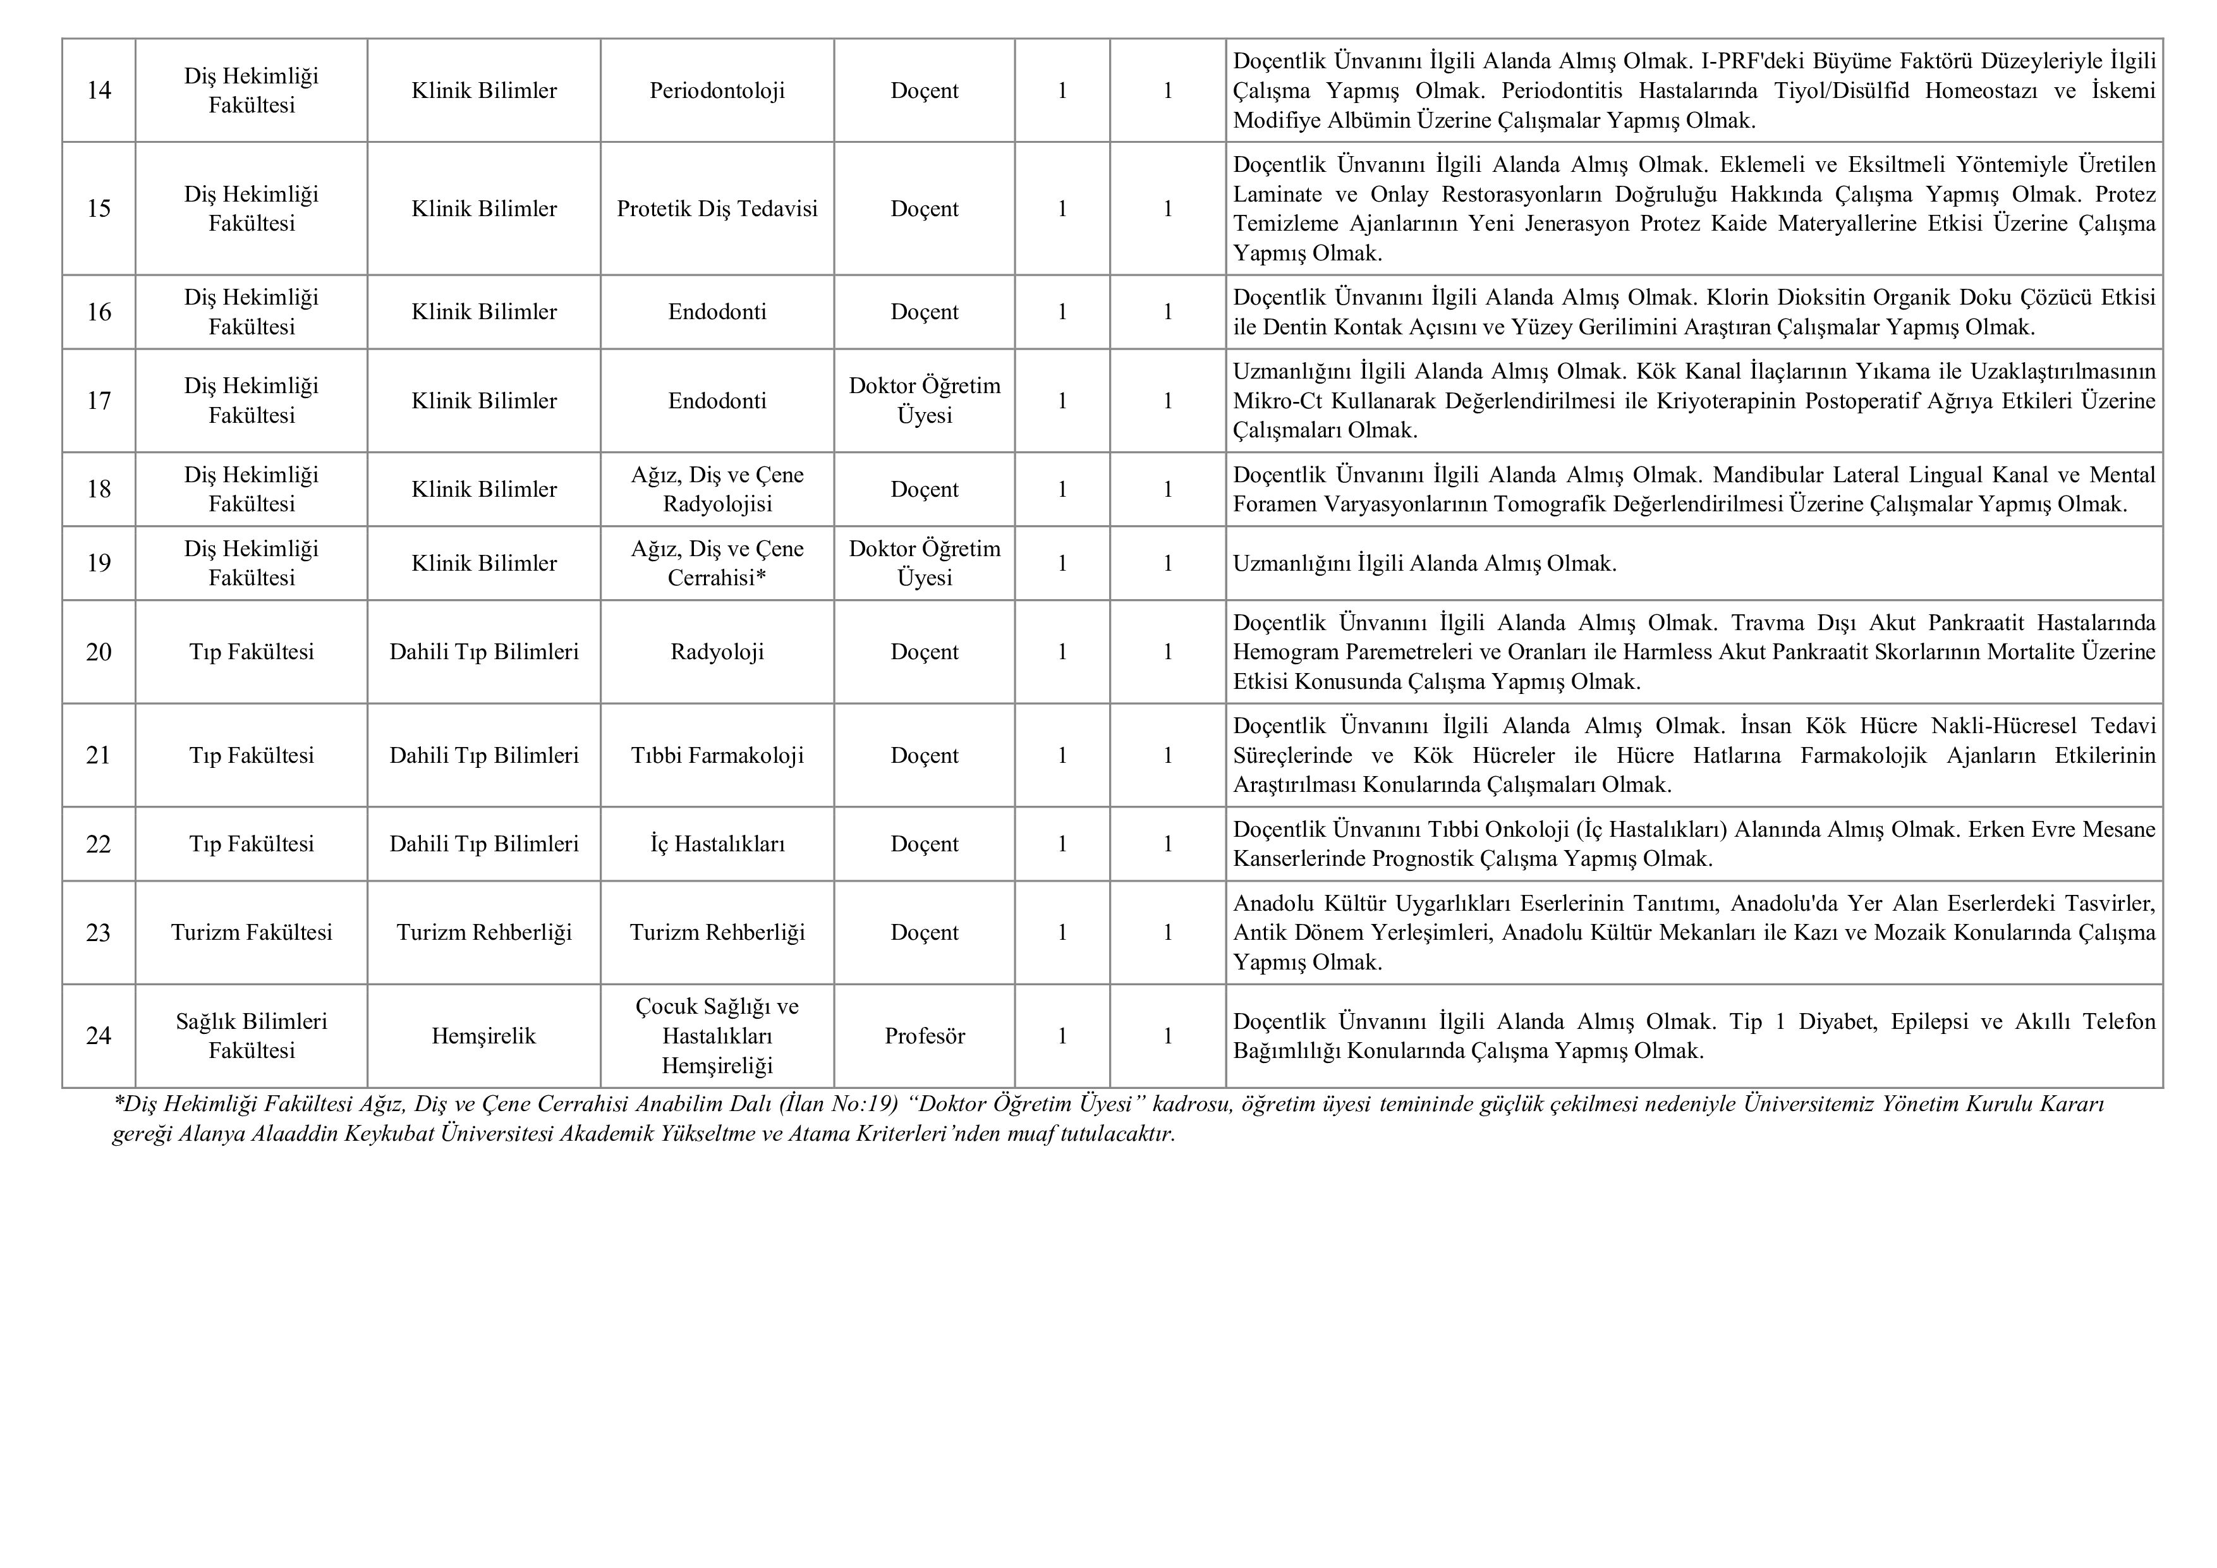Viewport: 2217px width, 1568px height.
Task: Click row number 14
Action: [99, 91]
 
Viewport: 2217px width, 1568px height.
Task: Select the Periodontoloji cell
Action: [717, 91]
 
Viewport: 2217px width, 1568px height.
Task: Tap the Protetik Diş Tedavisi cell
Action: [717, 209]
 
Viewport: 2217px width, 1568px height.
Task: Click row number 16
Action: [99, 312]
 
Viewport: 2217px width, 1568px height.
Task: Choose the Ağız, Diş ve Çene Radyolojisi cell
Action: [717, 490]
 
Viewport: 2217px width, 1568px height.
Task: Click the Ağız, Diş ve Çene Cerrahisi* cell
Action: [717, 563]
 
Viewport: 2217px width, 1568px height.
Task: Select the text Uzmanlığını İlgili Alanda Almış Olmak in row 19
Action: [1424, 564]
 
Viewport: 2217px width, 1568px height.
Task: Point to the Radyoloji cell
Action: [717, 652]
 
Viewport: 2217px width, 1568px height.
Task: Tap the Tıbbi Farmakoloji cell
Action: [717, 755]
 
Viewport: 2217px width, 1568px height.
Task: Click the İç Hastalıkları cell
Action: [717, 844]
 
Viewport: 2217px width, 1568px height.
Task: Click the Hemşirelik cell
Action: [483, 1036]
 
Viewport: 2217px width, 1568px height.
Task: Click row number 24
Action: [99, 1036]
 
